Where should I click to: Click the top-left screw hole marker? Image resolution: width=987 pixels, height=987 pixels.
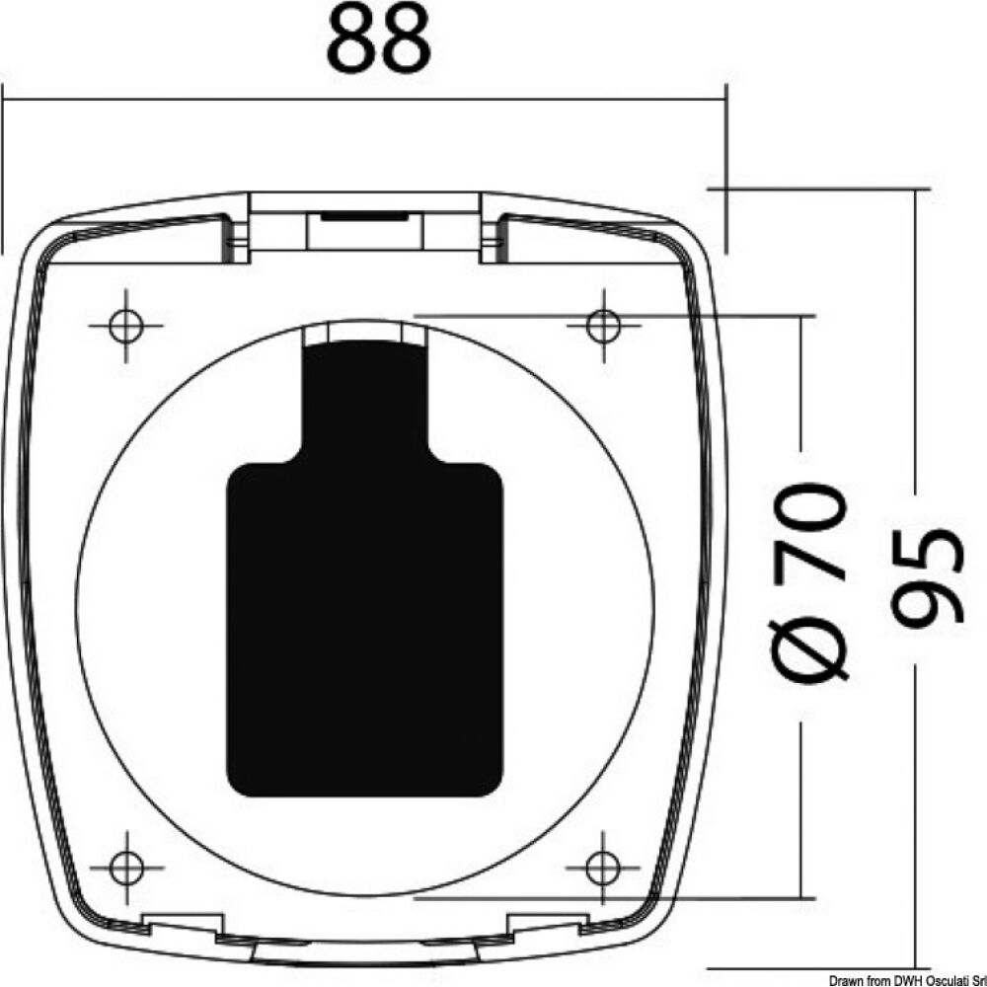point(125,325)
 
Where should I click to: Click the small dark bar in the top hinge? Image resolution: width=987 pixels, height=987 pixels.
point(364,212)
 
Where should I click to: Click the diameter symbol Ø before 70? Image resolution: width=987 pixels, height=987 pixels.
point(811,646)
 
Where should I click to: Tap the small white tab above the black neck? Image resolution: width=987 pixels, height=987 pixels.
point(364,336)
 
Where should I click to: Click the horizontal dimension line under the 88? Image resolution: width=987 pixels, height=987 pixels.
point(364,99)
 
